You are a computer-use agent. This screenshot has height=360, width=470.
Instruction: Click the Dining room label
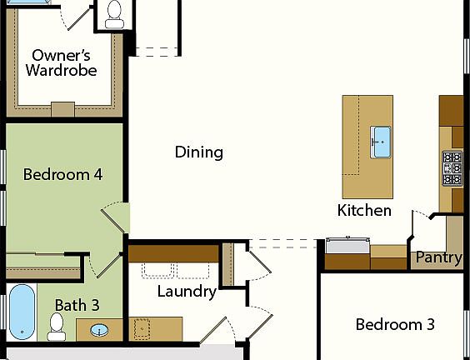pyautogui.click(x=199, y=152)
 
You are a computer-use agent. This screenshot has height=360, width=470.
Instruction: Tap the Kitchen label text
pyautogui.click(x=364, y=211)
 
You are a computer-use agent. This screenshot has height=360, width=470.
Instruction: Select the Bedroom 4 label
pyautogui.click(x=62, y=175)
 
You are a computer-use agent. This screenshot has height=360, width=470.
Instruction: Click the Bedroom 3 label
pyautogui.click(x=395, y=324)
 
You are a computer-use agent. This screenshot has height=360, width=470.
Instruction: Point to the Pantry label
pyautogui.click(x=438, y=257)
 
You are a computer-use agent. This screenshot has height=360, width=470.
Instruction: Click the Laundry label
pyautogui.click(x=187, y=292)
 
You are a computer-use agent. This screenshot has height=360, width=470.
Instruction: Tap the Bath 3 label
pyautogui.click(x=77, y=305)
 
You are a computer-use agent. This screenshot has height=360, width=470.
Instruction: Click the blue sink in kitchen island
pyautogui.click(x=381, y=141)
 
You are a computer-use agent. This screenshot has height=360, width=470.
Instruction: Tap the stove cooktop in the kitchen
pyautogui.click(x=452, y=168)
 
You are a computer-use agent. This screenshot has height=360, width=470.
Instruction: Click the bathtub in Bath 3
pyautogui.click(x=22, y=312)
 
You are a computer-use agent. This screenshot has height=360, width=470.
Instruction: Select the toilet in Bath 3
pyautogui.click(x=57, y=327)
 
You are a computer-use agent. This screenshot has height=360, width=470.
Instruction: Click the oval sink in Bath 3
pyautogui.click(x=99, y=331)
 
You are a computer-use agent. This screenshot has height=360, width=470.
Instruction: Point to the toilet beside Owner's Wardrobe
pyautogui.click(x=114, y=12)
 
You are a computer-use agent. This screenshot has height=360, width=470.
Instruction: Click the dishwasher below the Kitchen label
pyautogui.click(x=347, y=247)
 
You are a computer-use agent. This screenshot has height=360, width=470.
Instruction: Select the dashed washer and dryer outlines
pyautogui.click(x=175, y=270)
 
